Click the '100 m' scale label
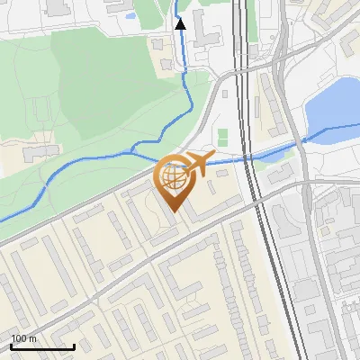point(23,338)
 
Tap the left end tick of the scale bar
point(11,346)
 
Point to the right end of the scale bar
point(74,346)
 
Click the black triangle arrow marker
point(181,24)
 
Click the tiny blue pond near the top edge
point(132,15)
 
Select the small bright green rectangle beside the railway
point(222,137)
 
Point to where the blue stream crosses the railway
point(247,156)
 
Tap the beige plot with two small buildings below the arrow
point(171,63)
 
